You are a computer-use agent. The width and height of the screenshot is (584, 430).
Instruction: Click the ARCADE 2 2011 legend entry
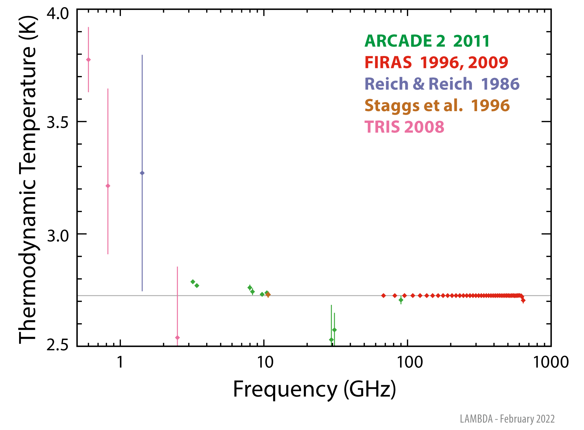click(427, 41)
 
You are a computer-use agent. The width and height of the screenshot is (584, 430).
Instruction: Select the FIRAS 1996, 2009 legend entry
click(436, 62)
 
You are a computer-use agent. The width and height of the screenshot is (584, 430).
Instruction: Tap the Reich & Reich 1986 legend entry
click(442, 84)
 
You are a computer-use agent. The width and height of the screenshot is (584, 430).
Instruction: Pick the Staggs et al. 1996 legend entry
click(437, 105)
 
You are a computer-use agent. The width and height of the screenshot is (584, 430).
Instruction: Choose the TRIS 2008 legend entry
click(404, 127)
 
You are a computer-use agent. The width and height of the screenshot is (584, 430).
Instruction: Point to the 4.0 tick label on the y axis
click(58, 14)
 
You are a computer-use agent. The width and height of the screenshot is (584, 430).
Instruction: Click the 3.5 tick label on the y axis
click(58, 122)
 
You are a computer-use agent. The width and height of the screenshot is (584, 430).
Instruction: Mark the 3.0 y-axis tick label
click(58, 235)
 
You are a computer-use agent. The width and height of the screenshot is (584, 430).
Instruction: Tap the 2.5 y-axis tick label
click(58, 345)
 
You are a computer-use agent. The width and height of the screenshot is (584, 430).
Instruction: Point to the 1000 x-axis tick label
click(551, 362)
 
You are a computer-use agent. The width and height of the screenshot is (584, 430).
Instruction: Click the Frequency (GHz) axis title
click(314, 389)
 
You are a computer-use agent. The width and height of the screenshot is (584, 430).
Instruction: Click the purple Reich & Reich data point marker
click(142, 173)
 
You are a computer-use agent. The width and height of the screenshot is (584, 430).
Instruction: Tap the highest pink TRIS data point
click(88, 59)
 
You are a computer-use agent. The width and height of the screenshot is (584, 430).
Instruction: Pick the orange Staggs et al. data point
click(268, 295)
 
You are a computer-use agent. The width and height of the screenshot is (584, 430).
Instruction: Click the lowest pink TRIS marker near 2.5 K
click(177, 337)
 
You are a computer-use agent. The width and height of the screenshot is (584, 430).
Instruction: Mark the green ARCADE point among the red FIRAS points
click(401, 300)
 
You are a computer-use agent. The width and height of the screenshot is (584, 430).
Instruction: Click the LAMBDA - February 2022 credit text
click(507, 419)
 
